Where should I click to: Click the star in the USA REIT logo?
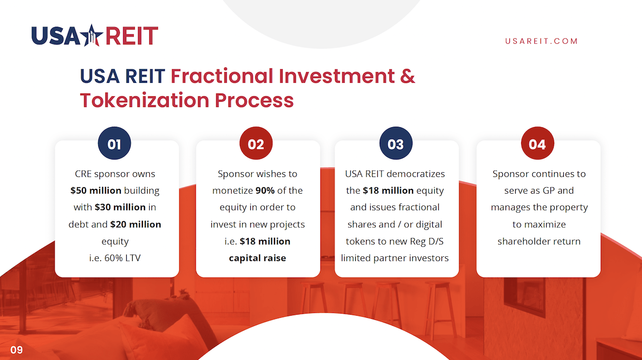click(91, 35)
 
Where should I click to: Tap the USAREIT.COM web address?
click(541, 41)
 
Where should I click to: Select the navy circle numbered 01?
click(114, 143)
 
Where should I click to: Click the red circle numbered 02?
click(256, 143)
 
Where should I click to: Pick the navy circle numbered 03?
click(396, 143)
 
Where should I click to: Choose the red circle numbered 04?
click(537, 143)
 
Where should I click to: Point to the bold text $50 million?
click(96, 190)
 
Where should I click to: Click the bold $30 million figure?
click(120, 207)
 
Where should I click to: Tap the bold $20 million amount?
click(135, 225)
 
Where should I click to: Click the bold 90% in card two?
click(265, 190)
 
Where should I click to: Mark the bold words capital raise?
click(257, 258)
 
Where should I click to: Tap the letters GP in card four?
click(548, 190)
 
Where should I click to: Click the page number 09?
click(17, 350)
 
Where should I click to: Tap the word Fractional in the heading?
click(221, 76)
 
